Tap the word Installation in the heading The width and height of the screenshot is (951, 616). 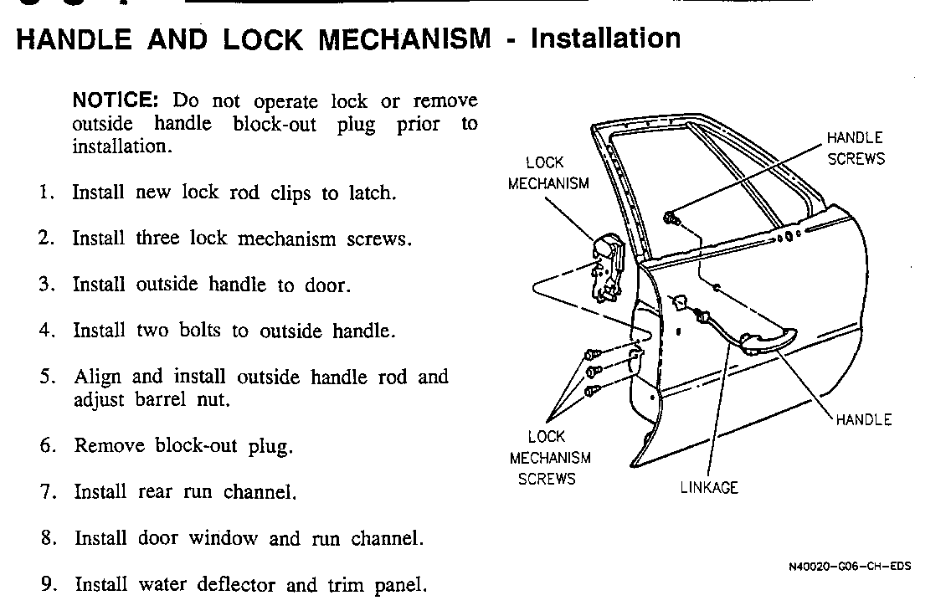(605, 38)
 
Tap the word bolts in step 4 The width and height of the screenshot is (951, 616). (199, 331)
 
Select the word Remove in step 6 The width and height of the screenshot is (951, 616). (109, 445)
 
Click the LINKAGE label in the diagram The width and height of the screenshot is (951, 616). (709, 488)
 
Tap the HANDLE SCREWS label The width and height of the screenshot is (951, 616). (856, 148)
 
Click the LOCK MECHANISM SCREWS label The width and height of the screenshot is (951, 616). (549, 458)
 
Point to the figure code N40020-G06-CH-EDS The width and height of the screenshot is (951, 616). (849, 567)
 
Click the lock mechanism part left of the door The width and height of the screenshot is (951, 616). (607, 267)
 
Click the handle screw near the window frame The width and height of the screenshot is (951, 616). (671, 217)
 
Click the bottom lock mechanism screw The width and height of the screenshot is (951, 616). (593, 391)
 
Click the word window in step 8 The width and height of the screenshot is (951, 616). (223, 538)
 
